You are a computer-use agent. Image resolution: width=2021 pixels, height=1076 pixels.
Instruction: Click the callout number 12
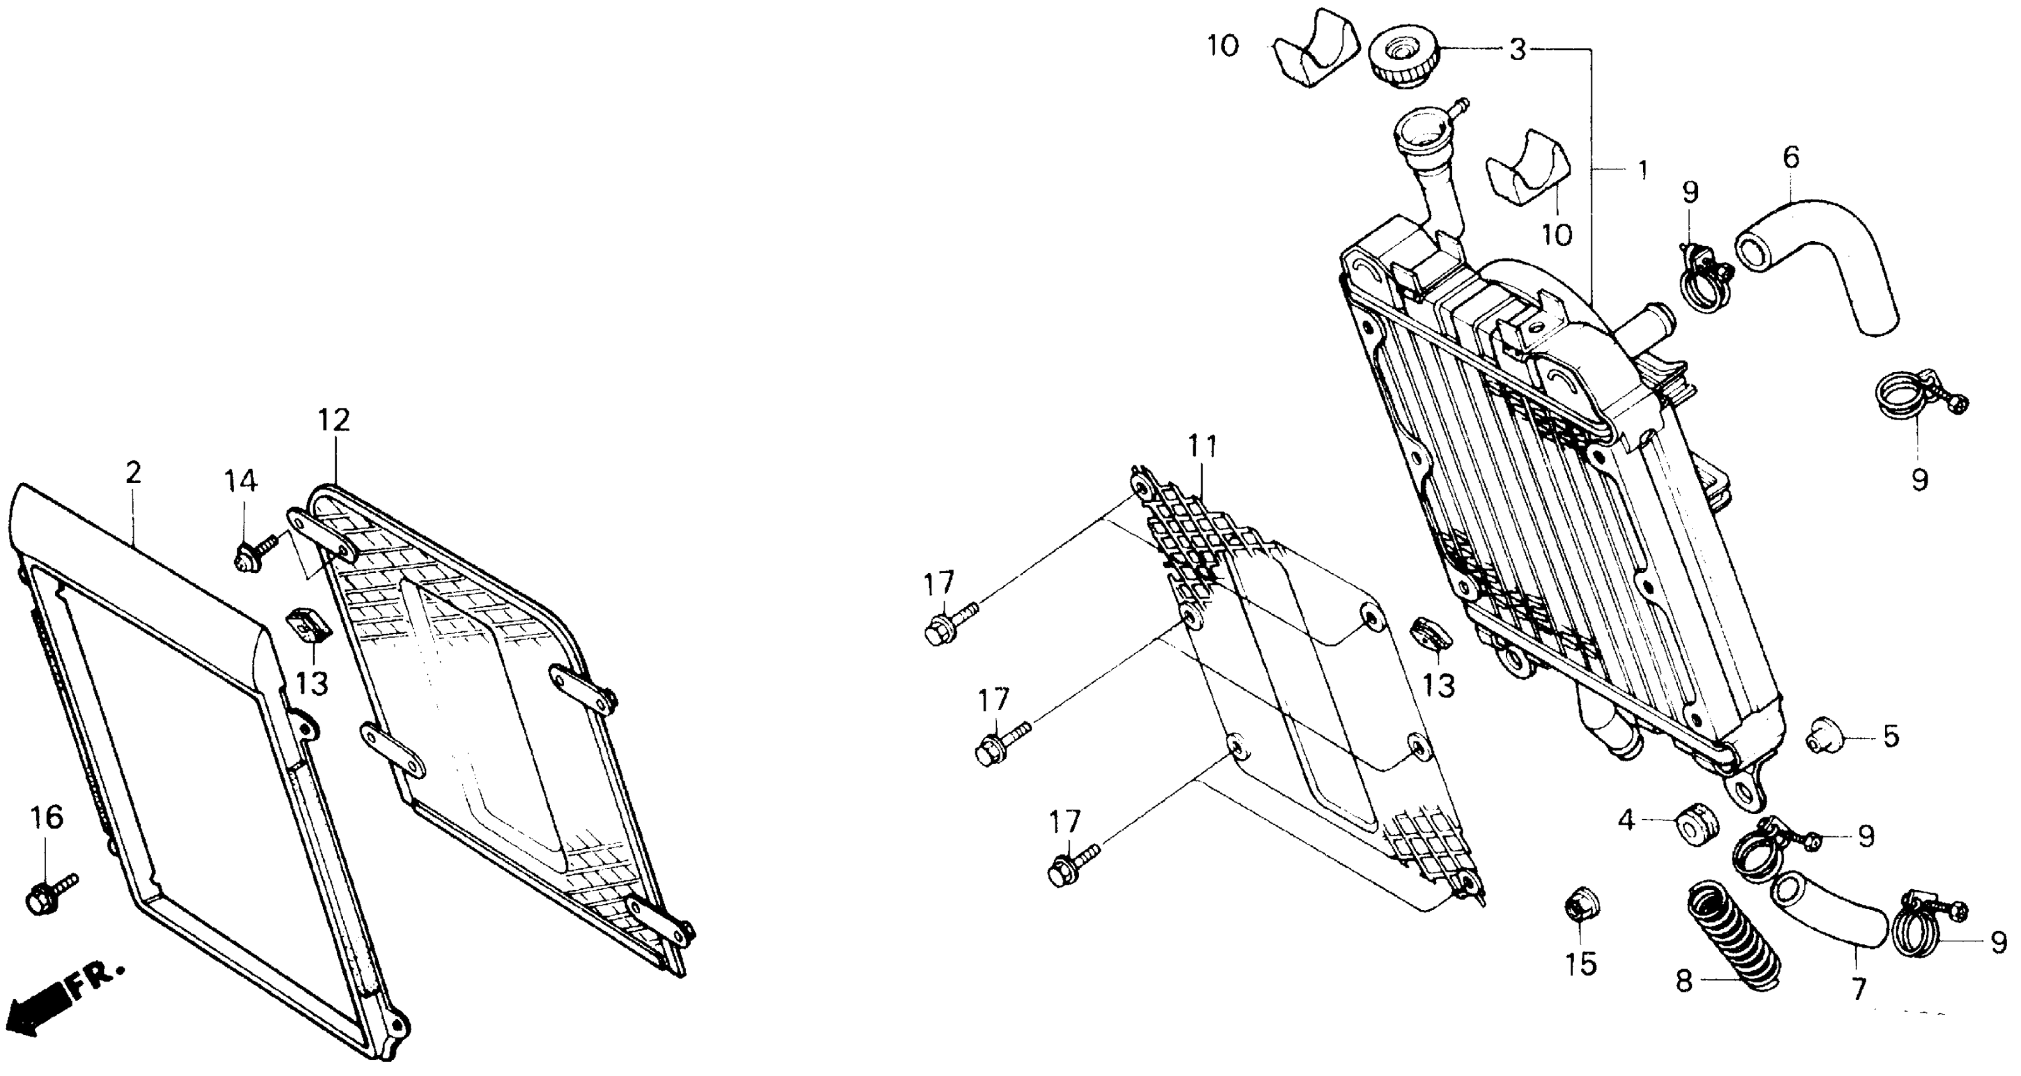[334, 420]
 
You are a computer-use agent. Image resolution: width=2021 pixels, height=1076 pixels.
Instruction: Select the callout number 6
[1791, 158]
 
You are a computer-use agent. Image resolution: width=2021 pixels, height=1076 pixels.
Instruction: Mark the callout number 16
[46, 818]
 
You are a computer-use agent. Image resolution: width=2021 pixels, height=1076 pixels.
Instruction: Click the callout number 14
[241, 481]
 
